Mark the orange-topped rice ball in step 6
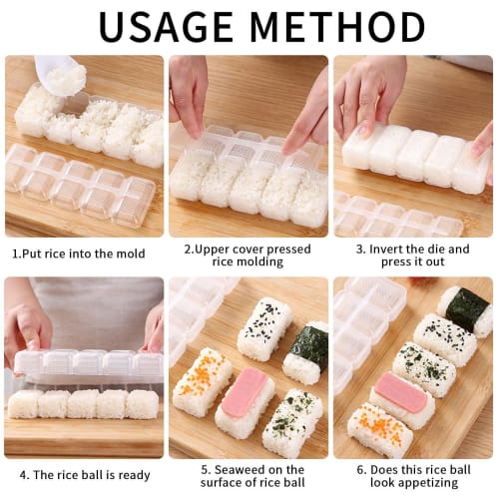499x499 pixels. click(379, 429)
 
